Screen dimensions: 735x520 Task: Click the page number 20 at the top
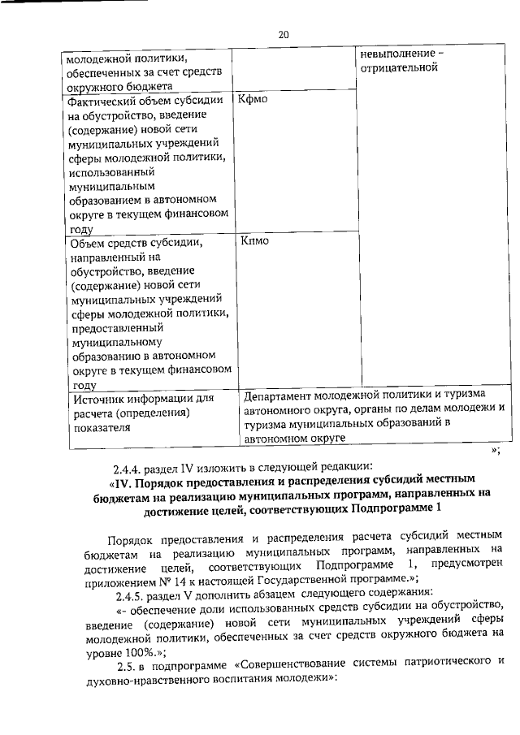click(284, 34)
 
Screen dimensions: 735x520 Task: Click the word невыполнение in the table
click(397, 54)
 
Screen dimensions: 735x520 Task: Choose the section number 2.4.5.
click(128, 592)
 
